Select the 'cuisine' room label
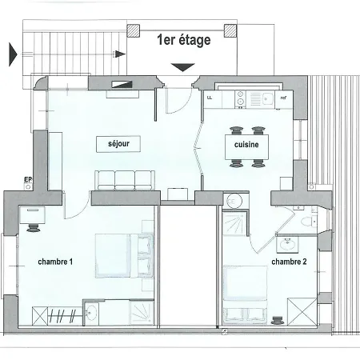pos(246,145)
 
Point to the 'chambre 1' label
pos(55,262)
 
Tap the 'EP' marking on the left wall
pos(27,179)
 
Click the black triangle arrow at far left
pos(12,54)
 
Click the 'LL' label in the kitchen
pos(210,98)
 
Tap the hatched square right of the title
pos(230,31)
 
